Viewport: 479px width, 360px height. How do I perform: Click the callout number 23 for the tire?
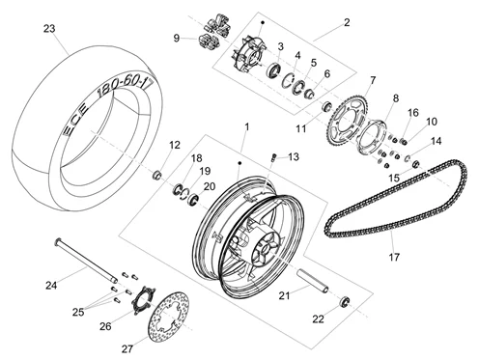click(49, 29)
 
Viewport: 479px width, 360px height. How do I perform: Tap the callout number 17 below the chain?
click(394, 257)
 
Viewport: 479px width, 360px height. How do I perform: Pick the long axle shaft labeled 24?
click(87, 261)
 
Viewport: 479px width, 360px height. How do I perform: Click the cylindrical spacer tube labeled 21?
click(312, 282)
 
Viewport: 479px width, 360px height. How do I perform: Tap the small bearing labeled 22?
click(345, 301)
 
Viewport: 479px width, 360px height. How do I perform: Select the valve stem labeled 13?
click(273, 157)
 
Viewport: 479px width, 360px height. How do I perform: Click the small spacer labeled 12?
click(157, 176)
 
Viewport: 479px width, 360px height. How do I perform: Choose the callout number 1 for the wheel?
click(247, 127)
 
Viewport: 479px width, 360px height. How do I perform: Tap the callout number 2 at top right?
click(347, 22)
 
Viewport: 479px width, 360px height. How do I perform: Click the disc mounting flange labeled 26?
click(143, 300)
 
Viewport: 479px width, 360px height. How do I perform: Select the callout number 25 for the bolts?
click(78, 312)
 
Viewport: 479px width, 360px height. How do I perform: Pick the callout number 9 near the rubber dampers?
click(177, 38)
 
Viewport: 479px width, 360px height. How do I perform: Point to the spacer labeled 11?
click(327, 106)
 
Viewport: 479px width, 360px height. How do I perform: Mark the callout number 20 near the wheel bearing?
click(210, 186)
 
